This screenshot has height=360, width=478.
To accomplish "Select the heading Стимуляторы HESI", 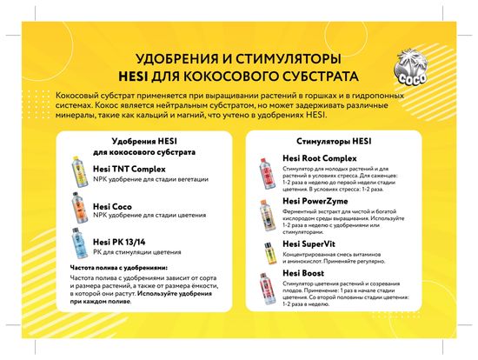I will pyautogui.click(x=334, y=141).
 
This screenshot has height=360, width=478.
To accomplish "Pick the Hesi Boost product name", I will pyautogui.click(x=304, y=274).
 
